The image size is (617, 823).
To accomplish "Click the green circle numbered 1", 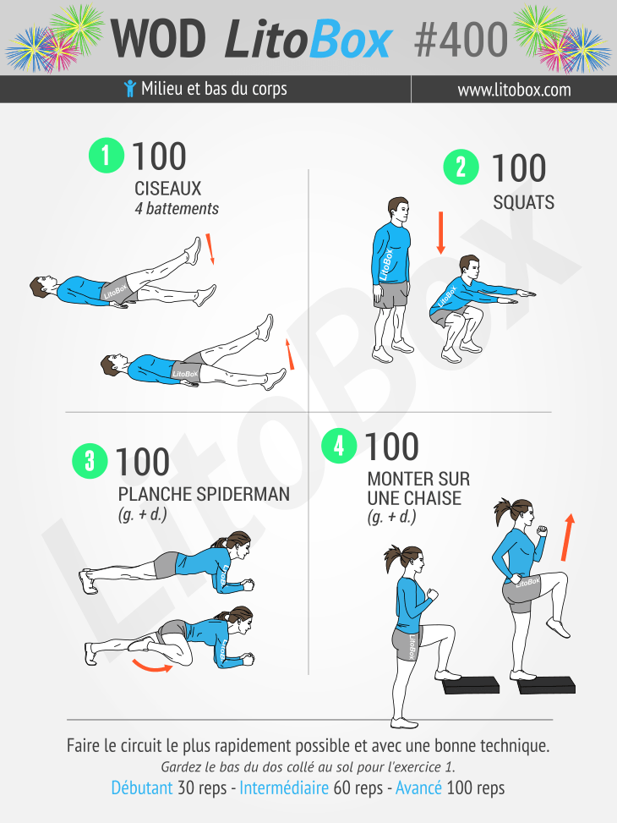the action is click(106, 156).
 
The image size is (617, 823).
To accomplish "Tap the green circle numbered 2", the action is click(461, 167).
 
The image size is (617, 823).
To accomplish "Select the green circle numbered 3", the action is click(90, 461).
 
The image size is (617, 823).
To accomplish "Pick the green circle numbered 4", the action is click(339, 446).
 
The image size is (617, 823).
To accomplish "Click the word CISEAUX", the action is click(168, 189).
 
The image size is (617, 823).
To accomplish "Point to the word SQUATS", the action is click(524, 203).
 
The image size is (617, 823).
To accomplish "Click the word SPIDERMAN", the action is click(243, 495).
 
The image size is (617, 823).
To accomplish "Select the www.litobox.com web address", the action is click(514, 90).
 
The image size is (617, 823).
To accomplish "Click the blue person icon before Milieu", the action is click(129, 89).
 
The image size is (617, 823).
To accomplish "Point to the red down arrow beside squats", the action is click(440, 233).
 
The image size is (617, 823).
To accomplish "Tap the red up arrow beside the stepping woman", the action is click(567, 537).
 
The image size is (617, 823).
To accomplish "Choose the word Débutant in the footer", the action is click(142, 787).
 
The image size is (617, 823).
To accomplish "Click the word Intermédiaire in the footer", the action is click(284, 787).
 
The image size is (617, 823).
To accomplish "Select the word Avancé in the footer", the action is click(418, 787).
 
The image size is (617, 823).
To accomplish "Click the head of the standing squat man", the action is click(398, 211).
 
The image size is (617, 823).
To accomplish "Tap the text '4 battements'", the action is click(177, 209).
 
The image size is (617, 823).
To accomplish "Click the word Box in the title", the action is click(351, 40).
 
